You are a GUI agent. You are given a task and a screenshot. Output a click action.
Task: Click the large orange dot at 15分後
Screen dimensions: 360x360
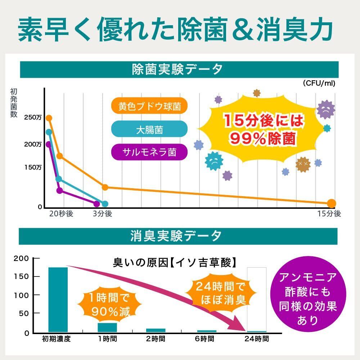[x=332, y=203]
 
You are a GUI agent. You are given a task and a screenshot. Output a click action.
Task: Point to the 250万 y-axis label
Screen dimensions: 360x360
[x=33, y=117]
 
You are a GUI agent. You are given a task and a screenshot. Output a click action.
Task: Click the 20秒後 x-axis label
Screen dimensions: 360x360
[x=61, y=214]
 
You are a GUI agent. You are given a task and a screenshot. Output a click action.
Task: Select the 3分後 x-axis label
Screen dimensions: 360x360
[x=103, y=214]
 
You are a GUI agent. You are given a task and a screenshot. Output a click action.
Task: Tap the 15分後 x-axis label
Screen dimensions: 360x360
[x=329, y=214]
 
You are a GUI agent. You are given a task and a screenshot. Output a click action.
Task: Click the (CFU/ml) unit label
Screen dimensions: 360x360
[x=319, y=84]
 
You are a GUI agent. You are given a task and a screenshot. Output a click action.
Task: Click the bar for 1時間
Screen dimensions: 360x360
[x=107, y=327]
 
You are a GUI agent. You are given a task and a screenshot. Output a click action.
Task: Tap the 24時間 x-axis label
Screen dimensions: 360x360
[x=256, y=339]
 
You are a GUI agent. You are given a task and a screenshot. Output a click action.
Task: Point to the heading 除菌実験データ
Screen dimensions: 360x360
[x=179, y=69]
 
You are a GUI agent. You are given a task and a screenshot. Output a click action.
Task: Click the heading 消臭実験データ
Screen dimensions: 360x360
[x=179, y=236]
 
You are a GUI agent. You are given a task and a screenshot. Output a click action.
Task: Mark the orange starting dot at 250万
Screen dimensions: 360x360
[x=49, y=118]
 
